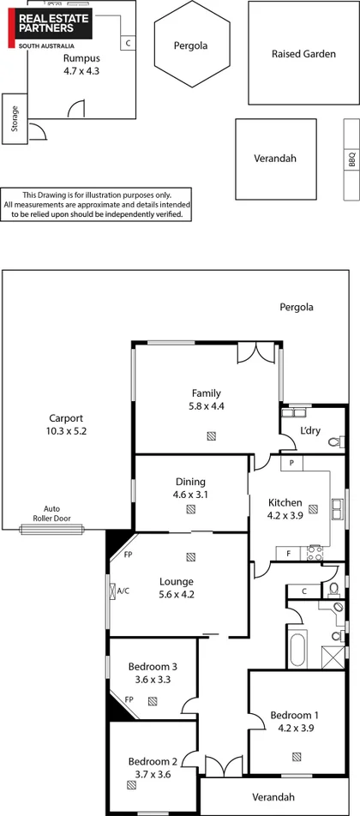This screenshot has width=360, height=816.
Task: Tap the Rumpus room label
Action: (81, 58)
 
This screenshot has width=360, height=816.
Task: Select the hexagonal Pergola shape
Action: (190, 45)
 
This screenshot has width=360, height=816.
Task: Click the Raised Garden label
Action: (291, 53)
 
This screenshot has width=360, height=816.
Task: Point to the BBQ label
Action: (351, 159)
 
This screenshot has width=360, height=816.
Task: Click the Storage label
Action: (15, 117)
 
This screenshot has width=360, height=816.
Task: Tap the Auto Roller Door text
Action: (52, 513)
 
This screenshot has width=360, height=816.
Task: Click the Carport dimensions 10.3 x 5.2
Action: (67, 431)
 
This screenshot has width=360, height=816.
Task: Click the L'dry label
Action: (309, 429)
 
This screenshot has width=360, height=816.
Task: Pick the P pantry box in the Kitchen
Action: (292, 463)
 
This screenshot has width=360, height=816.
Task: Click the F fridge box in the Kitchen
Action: (289, 553)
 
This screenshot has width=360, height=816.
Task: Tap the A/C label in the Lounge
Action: (99, 591)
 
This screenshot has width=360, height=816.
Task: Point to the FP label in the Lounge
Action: (128, 555)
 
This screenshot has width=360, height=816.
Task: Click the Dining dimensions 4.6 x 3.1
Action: (190, 495)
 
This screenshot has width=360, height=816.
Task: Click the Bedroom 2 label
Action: (153, 761)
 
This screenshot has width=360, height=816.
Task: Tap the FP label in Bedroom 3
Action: (129, 699)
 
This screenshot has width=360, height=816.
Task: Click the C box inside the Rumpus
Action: (127, 42)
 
